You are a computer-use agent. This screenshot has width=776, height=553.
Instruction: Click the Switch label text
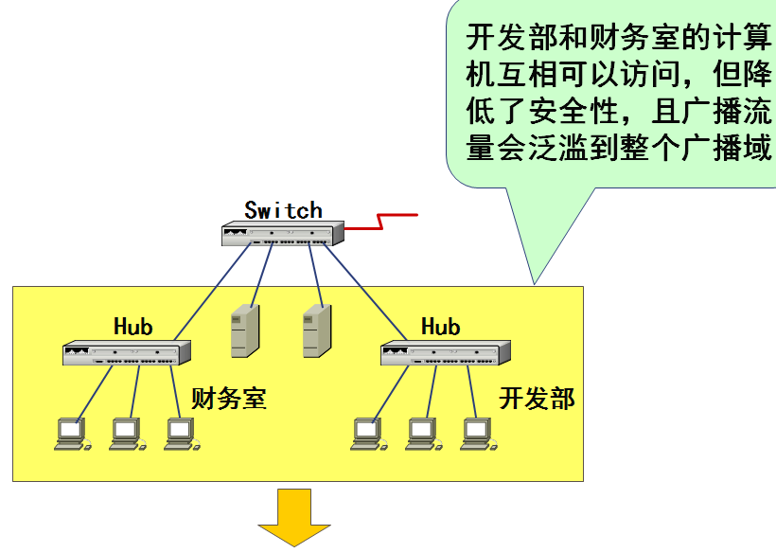tap(283, 210)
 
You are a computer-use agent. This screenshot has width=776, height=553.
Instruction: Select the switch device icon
tap(282, 234)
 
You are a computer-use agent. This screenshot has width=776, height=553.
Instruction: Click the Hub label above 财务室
tap(132, 327)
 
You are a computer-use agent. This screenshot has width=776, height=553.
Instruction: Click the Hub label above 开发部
tap(440, 327)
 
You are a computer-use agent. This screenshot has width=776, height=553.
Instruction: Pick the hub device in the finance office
tap(127, 353)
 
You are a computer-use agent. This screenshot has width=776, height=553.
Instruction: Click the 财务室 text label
tap(229, 398)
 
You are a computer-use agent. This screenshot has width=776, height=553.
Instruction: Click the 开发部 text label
tap(537, 398)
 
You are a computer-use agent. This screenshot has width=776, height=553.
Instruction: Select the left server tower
tap(244, 330)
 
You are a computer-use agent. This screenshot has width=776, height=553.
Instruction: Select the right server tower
tap(316, 330)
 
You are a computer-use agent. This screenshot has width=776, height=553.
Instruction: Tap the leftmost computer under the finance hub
tap(71, 434)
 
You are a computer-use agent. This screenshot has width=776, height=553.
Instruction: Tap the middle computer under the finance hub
tap(126, 434)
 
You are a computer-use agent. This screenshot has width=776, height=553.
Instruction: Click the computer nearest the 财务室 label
tap(180, 434)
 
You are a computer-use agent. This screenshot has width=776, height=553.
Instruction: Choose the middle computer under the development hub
tap(423, 434)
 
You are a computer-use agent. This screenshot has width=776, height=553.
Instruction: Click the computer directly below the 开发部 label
tap(478, 434)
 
